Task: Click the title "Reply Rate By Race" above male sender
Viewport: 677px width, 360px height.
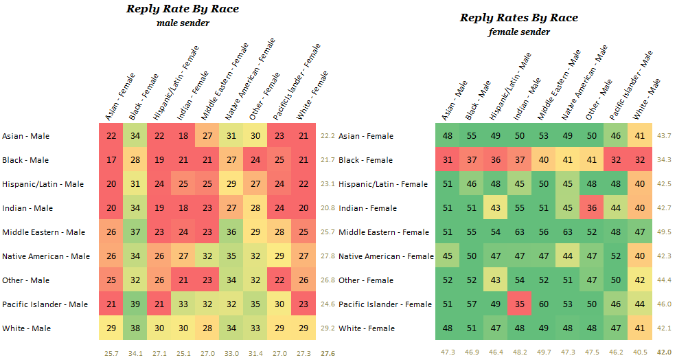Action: [x=183, y=9]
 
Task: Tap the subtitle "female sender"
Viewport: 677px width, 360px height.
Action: [x=518, y=32]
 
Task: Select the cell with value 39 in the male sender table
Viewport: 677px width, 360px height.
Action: [x=135, y=304]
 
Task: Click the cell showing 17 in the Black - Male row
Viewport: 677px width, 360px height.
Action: [x=112, y=160]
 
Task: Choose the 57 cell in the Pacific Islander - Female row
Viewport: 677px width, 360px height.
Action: [x=471, y=304]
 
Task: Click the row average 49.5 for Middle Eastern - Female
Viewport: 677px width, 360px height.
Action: [x=664, y=232]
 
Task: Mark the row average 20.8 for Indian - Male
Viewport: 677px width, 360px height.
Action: [x=328, y=208]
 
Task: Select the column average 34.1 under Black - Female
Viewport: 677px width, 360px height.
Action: [x=135, y=353]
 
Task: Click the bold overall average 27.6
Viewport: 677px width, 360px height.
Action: [x=328, y=353]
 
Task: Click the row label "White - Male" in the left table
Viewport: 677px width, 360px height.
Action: [x=25, y=328]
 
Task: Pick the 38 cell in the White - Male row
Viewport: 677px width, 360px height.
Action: [x=135, y=328]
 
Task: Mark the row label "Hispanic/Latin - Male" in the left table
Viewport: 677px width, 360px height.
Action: [x=43, y=184]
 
